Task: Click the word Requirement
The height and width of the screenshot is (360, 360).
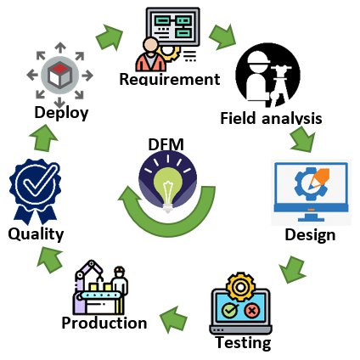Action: [170, 79]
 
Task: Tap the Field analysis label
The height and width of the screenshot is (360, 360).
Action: [271, 118]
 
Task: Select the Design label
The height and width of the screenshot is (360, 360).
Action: [310, 235]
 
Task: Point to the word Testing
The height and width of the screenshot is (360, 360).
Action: [244, 343]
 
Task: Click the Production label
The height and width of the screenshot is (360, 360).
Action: [104, 323]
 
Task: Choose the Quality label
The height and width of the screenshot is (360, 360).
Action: [36, 234]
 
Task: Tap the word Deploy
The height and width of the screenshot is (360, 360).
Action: [61, 113]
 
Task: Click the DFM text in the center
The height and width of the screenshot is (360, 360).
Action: [166, 144]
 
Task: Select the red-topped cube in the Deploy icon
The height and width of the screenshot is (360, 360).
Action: [59, 75]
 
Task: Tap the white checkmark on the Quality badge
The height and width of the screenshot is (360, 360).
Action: [38, 182]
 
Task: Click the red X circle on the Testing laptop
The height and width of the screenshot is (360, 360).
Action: [251, 311]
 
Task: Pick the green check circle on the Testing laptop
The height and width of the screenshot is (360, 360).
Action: [230, 311]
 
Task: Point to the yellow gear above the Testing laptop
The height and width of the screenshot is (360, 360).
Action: [240, 287]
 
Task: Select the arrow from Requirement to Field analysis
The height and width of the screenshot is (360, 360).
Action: [222, 37]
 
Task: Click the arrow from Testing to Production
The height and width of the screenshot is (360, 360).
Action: [173, 319]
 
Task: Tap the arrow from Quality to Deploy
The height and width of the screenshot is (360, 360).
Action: [43, 138]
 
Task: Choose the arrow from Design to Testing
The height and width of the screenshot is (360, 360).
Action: [292, 269]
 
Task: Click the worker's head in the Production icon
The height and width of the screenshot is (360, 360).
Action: [120, 272]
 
